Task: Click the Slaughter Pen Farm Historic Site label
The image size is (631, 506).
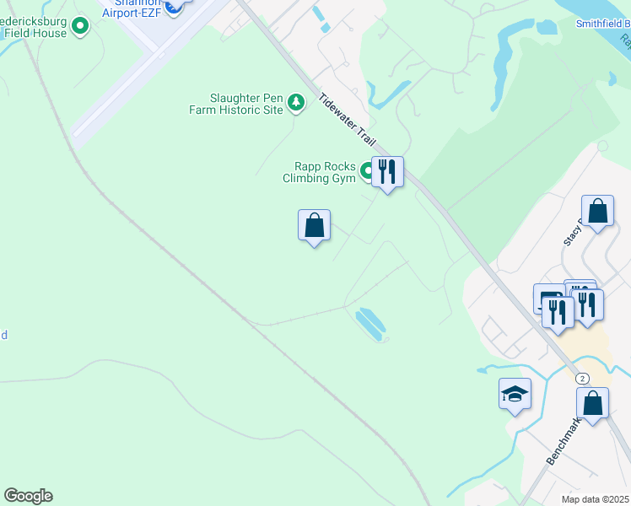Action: pos(246,104)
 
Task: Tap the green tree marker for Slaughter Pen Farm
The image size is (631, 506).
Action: pos(295,103)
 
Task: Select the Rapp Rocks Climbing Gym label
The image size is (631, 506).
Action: pos(321,172)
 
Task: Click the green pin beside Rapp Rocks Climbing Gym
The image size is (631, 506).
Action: pos(368,172)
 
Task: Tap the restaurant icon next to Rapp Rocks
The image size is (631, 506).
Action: pos(387,172)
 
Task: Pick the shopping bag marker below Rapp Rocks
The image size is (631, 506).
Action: pos(314,226)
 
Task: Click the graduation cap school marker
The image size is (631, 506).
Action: pos(515,394)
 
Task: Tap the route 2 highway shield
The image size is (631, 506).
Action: pos(582,379)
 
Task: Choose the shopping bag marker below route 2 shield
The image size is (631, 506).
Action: pos(593,404)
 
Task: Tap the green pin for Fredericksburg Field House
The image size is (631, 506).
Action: pos(81,27)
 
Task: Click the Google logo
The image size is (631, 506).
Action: pos(28,496)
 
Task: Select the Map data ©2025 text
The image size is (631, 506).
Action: pos(595,499)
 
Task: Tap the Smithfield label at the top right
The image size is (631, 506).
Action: pos(602,24)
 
